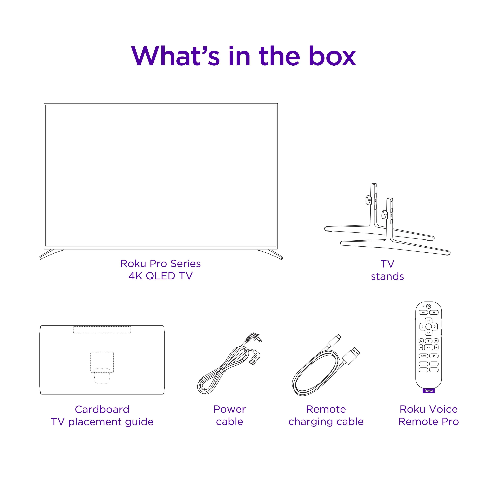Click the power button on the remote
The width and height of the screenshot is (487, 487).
point(429,306)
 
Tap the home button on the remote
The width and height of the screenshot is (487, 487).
point(434,312)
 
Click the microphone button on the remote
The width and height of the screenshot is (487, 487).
point(429,341)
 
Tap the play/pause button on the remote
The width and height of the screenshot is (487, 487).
point(429,347)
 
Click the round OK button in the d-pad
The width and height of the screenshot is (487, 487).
point(429,327)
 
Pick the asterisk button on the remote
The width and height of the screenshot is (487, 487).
point(436,341)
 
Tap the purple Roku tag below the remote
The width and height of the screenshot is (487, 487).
point(429,391)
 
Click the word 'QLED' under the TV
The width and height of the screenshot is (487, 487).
point(160,276)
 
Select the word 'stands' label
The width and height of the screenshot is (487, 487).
point(387,276)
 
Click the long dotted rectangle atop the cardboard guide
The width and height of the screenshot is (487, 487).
point(102,330)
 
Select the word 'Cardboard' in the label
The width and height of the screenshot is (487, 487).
point(102,409)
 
